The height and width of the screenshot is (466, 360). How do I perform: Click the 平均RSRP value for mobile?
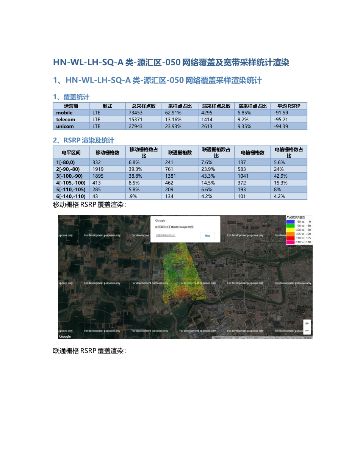280,113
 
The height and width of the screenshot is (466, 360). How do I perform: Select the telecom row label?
66,119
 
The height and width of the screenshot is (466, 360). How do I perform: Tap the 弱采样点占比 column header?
252,106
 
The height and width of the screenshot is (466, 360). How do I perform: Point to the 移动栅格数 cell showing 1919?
98,169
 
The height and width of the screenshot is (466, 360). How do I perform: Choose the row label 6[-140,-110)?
71,196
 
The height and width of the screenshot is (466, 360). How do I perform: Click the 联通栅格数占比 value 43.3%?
208,176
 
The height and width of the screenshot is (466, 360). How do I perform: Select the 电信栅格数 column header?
252,152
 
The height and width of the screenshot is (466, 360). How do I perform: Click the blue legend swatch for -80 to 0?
291,222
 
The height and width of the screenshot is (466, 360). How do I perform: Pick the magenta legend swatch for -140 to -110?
291,242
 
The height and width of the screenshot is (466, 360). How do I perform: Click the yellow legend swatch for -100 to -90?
291,230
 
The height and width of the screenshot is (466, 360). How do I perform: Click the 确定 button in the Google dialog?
207,236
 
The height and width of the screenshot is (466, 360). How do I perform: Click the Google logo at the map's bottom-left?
65,336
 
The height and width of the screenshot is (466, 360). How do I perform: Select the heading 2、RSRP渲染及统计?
83,141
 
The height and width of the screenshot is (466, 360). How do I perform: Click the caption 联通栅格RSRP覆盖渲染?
89,351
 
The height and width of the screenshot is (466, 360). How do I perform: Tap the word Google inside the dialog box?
160,220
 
